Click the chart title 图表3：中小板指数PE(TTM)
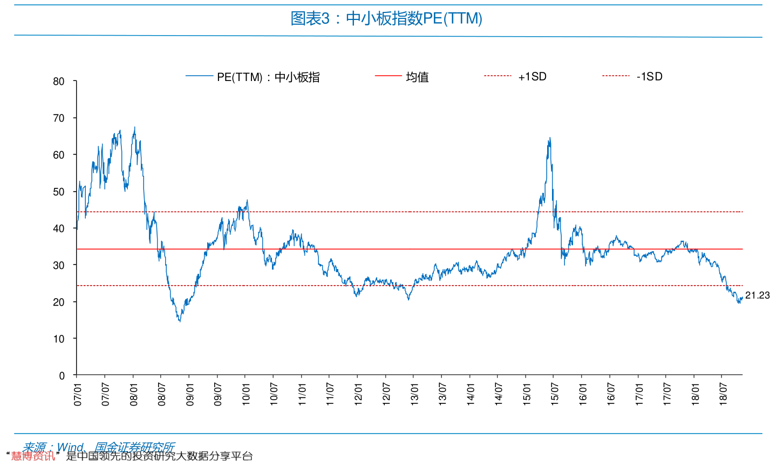click(386, 19)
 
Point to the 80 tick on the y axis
click(59, 82)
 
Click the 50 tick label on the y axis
click(59, 192)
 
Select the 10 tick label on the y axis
click(59, 339)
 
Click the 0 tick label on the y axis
click(62, 376)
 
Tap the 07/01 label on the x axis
click(78, 395)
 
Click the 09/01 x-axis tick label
click(190, 395)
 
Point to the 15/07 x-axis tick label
click(555, 395)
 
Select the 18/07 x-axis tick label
click(723, 395)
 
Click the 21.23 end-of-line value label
click(758, 295)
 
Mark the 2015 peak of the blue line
click(549, 138)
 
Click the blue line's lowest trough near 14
click(180, 321)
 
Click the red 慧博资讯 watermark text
click(33, 456)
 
